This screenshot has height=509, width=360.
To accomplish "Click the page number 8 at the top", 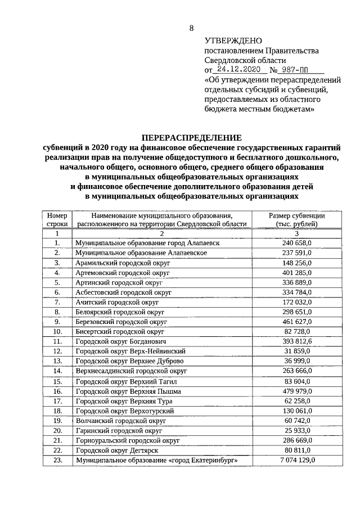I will click(191, 28).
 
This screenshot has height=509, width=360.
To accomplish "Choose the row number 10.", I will click(57, 332).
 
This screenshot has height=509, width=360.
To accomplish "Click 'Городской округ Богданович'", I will click(121, 341).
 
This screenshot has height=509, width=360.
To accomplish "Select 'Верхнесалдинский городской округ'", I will click(131, 371).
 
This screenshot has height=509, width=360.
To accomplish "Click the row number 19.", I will click(57, 420).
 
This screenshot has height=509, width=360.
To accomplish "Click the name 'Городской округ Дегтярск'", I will click(116, 450).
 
